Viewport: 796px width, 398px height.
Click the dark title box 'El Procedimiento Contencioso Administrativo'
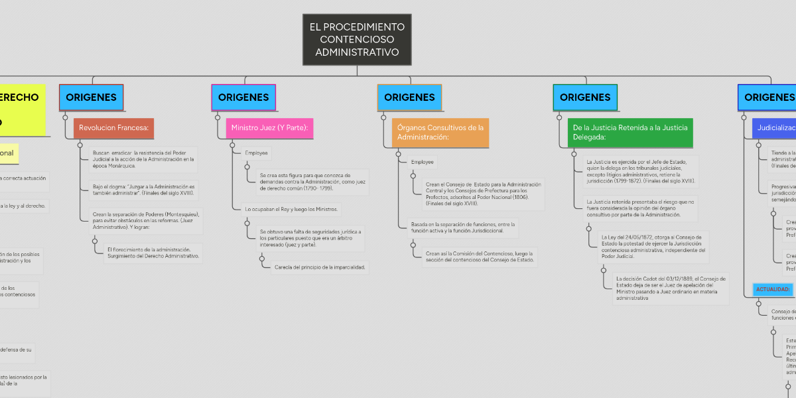pos(357,40)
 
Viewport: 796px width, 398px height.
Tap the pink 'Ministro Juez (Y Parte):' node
pos(269,127)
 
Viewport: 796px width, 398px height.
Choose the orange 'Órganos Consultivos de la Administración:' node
pos(440,132)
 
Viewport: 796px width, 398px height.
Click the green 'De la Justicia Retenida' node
pos(630,132)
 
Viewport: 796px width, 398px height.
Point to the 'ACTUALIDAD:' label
pos(773,290)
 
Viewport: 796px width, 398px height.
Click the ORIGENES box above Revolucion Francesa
pos(91,98)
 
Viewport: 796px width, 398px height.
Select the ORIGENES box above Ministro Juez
pos(243,98)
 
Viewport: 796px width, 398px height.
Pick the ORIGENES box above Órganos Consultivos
pos(409,98)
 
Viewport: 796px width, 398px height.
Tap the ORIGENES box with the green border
pos(585,98)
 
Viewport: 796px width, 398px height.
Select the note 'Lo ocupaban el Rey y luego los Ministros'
pos(292,210)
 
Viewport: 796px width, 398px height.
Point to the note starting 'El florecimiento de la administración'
pos(153,253)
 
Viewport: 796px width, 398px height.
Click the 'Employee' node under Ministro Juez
pos(257,153)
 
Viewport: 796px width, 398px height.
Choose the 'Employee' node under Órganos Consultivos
pos(423,162)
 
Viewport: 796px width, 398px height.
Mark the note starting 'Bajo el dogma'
pos(143,190)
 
